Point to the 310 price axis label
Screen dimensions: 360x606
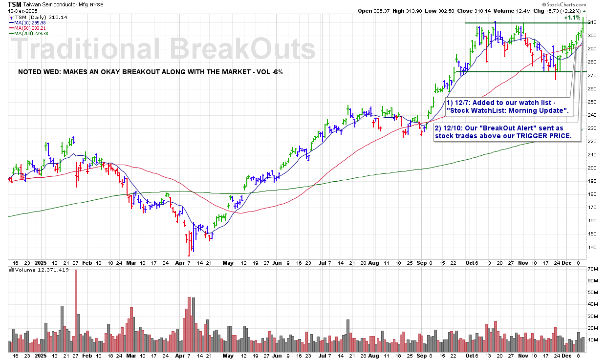click(x=593, y=22)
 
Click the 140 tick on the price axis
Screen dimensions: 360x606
click(x=593, y=247)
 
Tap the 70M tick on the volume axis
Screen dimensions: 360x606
click(x=594, y=269)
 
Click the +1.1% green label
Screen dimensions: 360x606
click(x=572, y=18)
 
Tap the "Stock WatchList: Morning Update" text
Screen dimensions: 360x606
click(x=508, y=111)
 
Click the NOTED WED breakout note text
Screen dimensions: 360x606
click(x=150, y=72)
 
